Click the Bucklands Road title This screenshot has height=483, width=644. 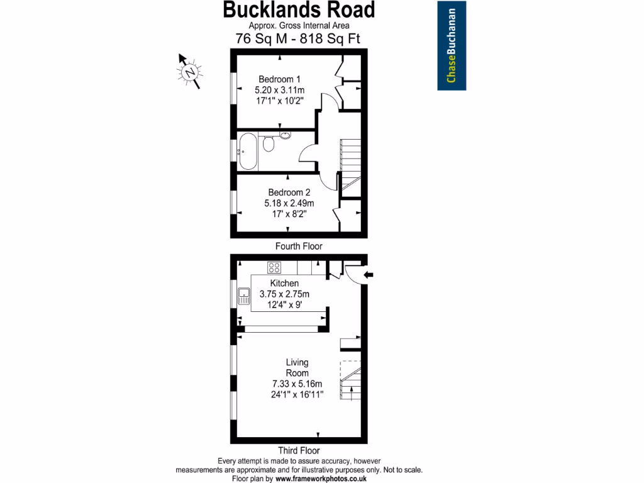click(299, 9)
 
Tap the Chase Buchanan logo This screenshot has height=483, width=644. click(452, 45)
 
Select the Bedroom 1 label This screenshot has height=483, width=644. click(280, 79)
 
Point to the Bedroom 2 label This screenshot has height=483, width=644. click(289, 192)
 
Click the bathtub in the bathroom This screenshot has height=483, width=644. click(248, 151)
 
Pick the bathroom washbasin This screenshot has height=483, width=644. click(284, 135)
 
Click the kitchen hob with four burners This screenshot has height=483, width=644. click(275, 267)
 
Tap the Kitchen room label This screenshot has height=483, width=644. click(284, 284)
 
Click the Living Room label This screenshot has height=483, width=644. click(297, 367)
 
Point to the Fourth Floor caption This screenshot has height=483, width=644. click(299, 247)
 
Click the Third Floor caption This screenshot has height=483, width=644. click(299, 450)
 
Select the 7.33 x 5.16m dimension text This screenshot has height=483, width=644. click(297, 384)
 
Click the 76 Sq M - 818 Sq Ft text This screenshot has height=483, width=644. click(299, 38)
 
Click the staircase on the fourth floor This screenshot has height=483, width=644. click(350, 157)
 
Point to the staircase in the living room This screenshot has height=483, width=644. click(350, 380)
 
